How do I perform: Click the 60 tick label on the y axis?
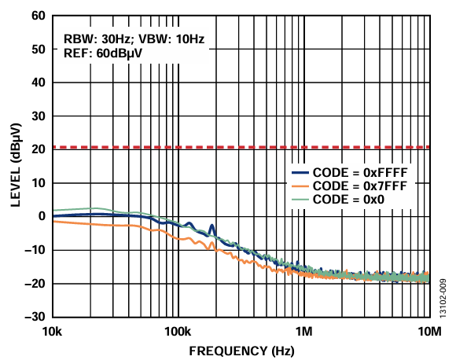[39, 16]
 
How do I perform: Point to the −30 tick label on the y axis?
[35, 317]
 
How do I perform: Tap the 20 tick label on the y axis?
[39, 149]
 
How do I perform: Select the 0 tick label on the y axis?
[42, 216]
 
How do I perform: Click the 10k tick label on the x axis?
[53, 331]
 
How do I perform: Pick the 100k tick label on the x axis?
[178, 331]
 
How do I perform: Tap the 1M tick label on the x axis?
[304, 331]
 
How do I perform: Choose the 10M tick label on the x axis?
[429, 331]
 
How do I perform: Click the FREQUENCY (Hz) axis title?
[241, 351]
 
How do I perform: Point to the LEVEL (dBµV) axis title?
[16, 165]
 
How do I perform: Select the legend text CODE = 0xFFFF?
[360, 173]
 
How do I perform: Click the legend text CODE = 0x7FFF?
[360, 186]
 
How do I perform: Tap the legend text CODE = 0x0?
[348, 200]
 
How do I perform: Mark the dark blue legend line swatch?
[300, 173]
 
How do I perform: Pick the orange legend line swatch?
[300, 186]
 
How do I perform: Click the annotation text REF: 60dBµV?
[103, 53]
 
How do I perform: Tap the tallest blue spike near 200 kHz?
[211, 226]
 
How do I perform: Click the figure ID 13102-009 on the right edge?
[443, 299]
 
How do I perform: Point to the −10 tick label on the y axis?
[35, 250]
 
